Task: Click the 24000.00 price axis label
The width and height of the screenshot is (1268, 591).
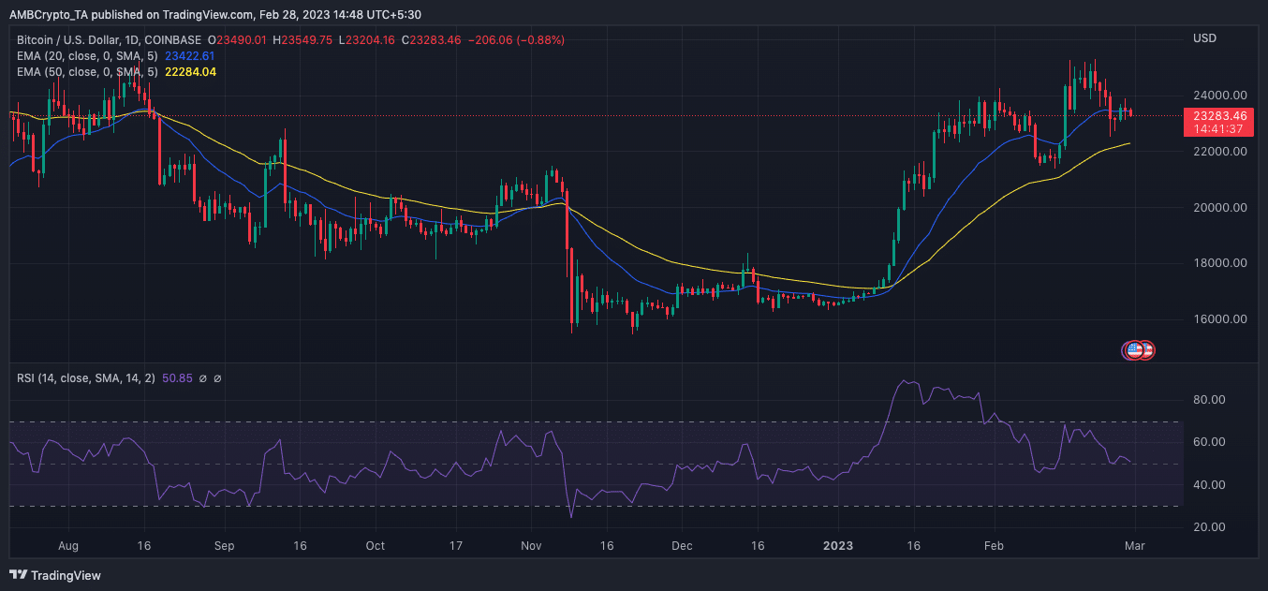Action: click(1219, 96)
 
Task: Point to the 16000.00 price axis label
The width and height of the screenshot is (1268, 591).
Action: click(1219, 319)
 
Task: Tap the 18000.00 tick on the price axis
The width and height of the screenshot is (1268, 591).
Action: click(1219, 263)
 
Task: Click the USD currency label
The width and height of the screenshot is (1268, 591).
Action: click(1204, 38)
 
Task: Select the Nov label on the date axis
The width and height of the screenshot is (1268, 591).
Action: click(531, 545)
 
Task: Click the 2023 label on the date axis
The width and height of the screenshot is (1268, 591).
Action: click(838, 545)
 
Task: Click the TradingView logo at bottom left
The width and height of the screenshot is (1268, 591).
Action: click(56, 575)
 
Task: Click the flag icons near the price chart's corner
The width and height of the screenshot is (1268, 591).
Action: click(1139, 350)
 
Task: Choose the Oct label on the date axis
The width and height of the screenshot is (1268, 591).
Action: click(375, 545)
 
